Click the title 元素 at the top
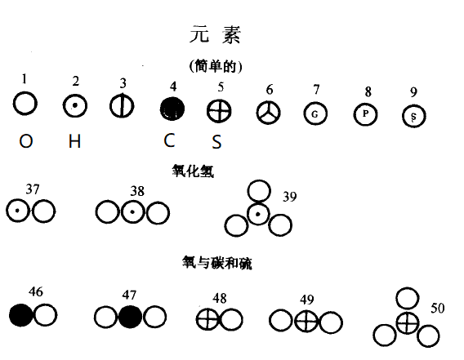(215, 35)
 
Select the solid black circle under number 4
(172, 109)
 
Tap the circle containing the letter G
(315, 113)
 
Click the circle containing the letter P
(365, 114)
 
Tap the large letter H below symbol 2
(74, 141)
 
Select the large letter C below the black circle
(169, 140)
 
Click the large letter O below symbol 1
(26, 141)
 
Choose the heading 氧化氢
(193, 171)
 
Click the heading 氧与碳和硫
(217, 263)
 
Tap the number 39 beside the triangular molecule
(290, 197)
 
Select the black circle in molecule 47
(130, 317)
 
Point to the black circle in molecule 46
(21, 315)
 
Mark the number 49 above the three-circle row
(307, 300)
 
